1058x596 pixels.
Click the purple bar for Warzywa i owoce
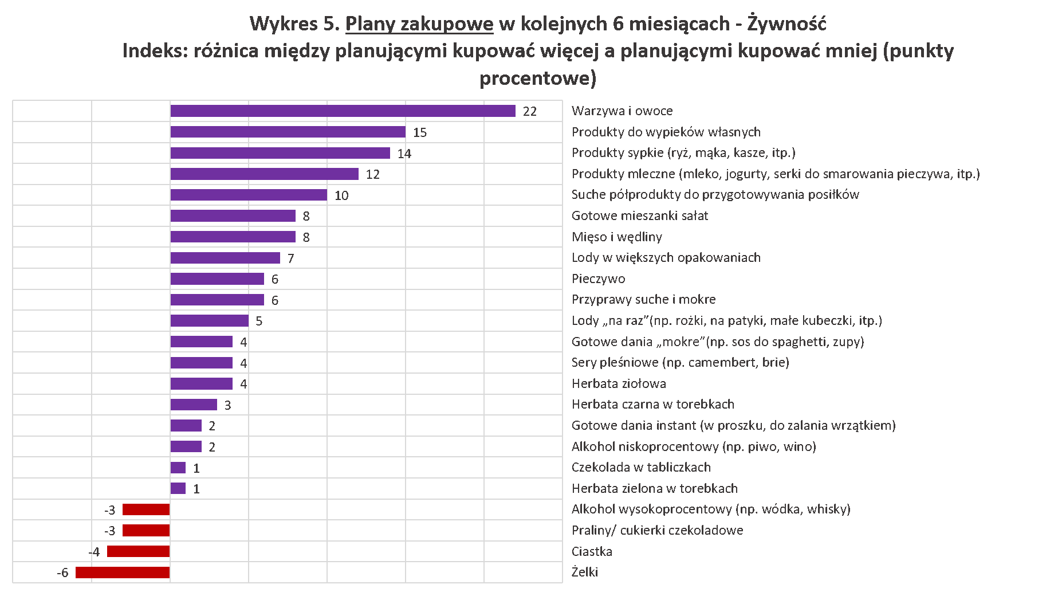pyautogui.click(x=343, y=111)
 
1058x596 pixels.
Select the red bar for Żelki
pyautogui.click(x=123, y=573)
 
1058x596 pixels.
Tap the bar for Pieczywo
pyautogui.click(x=217, y=279)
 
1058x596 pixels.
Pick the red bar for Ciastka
pyautogui.click(x=138, y=551)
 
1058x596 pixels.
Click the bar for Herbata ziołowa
pyautogui.click(x=201, y=384)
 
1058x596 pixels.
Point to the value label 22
pyautogui.click(x=530, y=112)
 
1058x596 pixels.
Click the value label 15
pyautogui.click(x=420, y=133)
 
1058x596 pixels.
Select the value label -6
pyautogui.click(x=63, y=573)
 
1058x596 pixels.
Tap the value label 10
pyautogui.click(x=341, y=196)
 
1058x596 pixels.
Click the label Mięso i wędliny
pyautogui.click(x=616, y=237)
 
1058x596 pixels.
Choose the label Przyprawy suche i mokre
pyautogui.click(x=643, y=300)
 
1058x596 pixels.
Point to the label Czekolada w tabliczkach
pyautogui.click(x=641, y=468)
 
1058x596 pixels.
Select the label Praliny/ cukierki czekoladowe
pyautogui.click(x=657, y=531)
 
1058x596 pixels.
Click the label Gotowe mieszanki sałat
pyautogui.click(x=640, y=216)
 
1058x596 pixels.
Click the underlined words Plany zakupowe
pyautogui.click(x=419, y=24)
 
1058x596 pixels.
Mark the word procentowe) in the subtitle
pyautogui.click(x=538, y=78)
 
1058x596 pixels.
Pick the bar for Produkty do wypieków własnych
pyautogui.click(x=288, y=132)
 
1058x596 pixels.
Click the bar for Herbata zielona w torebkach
pyautogui.click(x=178, y=489)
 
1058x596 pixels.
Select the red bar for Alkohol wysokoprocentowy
pyautogui.click(x=146, y=509)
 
